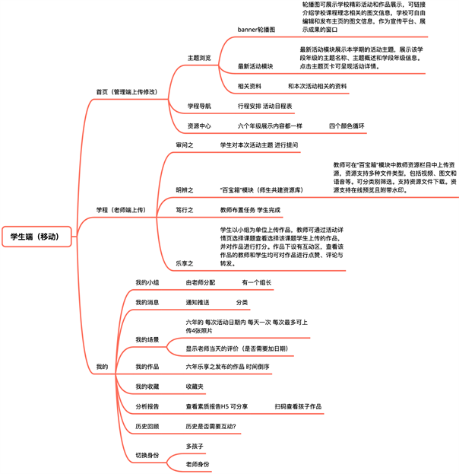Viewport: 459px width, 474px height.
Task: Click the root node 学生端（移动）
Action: point(39,237)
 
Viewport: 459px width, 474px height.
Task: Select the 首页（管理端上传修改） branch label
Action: point(126,91)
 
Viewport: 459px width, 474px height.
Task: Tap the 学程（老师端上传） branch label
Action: point(120,209)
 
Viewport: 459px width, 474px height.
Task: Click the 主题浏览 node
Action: point(199,58)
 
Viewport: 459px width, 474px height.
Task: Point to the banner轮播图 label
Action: point(256,29)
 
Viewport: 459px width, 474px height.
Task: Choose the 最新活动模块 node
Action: point(255,66)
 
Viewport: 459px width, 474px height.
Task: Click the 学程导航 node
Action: point(199,106)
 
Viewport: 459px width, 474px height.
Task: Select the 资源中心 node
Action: point(199,126)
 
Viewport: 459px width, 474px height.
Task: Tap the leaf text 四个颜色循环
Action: point(347,126)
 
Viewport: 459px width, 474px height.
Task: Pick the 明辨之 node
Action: point(185,189)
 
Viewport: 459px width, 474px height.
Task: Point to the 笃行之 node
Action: point(185,209)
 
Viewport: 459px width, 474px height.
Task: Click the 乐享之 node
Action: point(185,262)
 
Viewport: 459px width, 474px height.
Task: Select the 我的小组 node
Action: point(147,282)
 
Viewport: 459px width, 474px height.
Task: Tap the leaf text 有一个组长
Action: point(257,282)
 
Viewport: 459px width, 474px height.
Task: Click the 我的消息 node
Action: point(147,302)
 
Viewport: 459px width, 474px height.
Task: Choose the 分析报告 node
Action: point(147,407)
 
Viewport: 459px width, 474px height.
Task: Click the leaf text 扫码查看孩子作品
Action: point(299,407)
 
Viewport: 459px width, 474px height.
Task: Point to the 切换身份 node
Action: point(147,455)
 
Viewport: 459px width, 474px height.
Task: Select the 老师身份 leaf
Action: point(198,464)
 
